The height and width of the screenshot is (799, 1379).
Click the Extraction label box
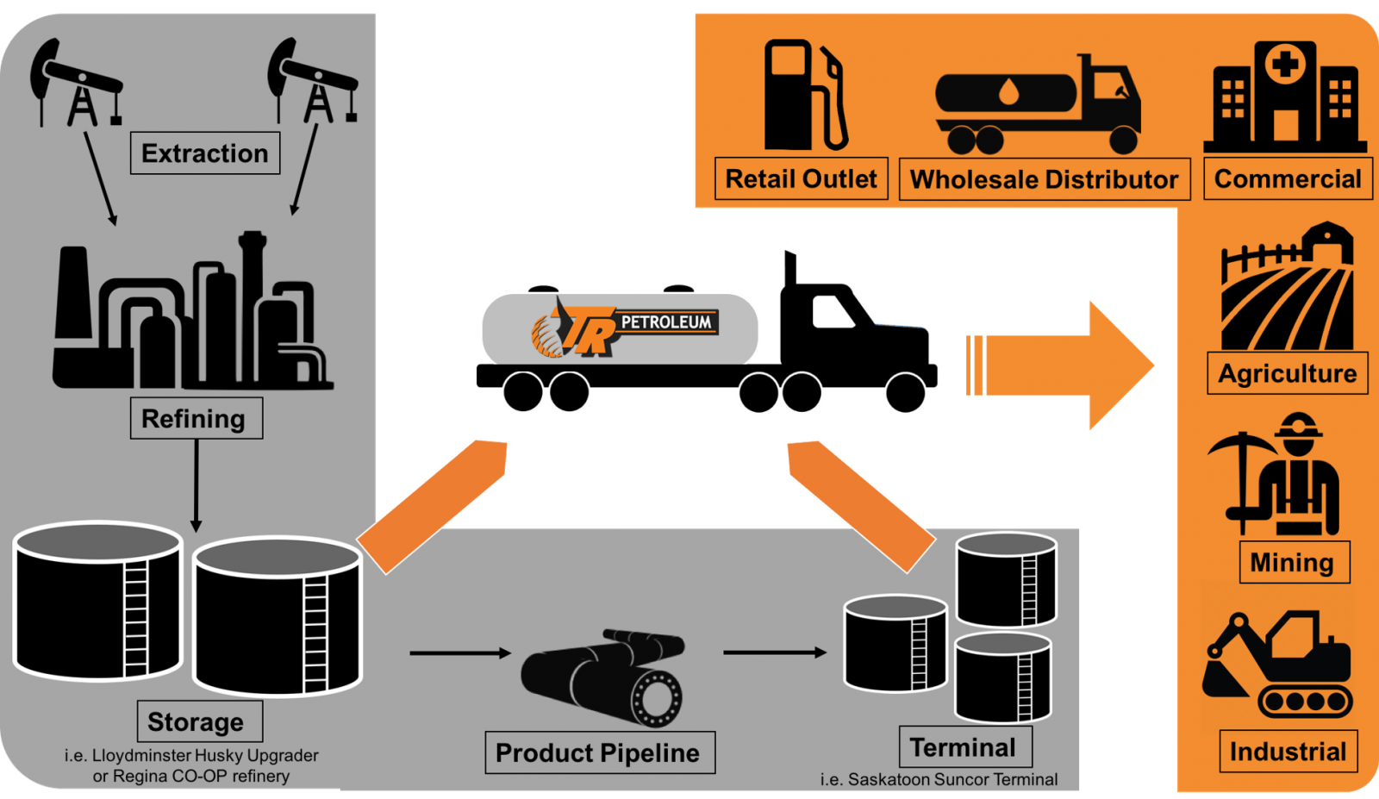(205, 153)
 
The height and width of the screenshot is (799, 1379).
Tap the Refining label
(196, 419)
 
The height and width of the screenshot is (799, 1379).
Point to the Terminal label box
(964, 747)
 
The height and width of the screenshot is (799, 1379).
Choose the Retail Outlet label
(801, 179)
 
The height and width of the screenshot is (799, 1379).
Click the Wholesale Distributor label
(1044, 179)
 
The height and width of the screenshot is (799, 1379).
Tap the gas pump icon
(803, 95)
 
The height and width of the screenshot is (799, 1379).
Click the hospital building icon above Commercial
(1284, 97)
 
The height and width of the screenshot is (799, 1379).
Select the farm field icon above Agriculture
(1287, 289)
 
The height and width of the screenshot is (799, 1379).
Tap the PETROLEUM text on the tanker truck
(667, 322)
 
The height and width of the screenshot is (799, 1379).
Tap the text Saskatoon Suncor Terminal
(952, 779)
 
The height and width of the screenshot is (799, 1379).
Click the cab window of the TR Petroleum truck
(833, 311)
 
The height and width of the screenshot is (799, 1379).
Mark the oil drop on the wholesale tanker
(1008, 92)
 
